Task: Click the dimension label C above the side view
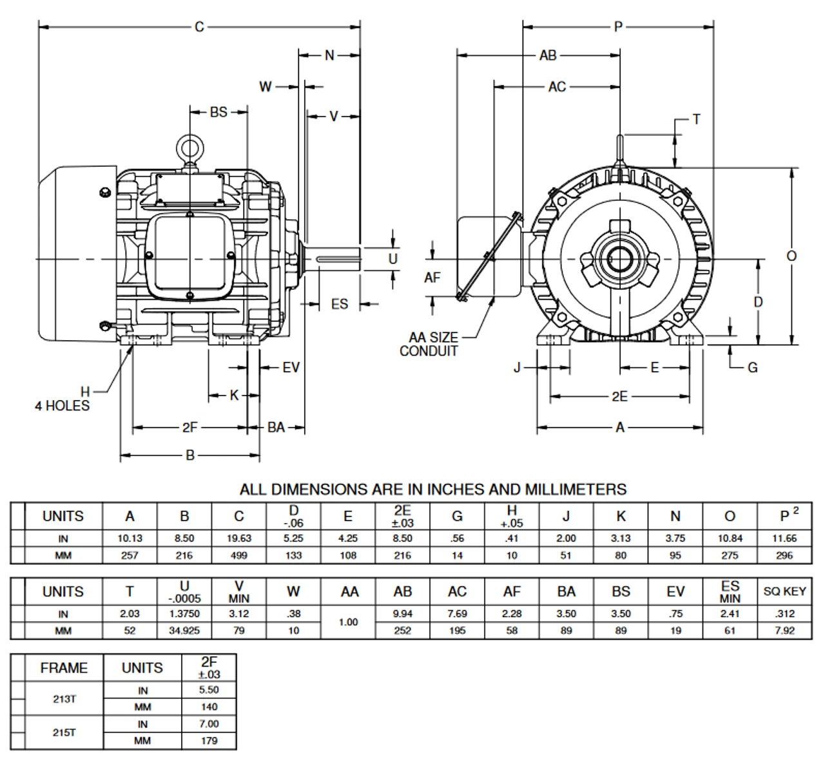(199, 26)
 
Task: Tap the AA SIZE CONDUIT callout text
(430, 344)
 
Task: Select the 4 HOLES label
(62, 406)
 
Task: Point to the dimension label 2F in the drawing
(189, 427)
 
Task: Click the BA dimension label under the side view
(276, 427)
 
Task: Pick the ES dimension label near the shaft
(339, 304)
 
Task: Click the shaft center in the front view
(620, 260)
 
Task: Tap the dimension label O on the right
(791, 256)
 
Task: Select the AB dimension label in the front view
(548, 55)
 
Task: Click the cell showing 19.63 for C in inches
(238, 539)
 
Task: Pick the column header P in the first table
(785, 516)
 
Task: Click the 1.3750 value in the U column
(184, 614)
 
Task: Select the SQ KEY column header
(784, 591)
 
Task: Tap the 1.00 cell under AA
(348, 622)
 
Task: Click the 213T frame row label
(64, 698)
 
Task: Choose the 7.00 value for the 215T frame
(209, 724)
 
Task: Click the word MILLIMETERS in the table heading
(575, 490)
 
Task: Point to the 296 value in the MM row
(784, 555)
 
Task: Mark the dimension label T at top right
(696, 119)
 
